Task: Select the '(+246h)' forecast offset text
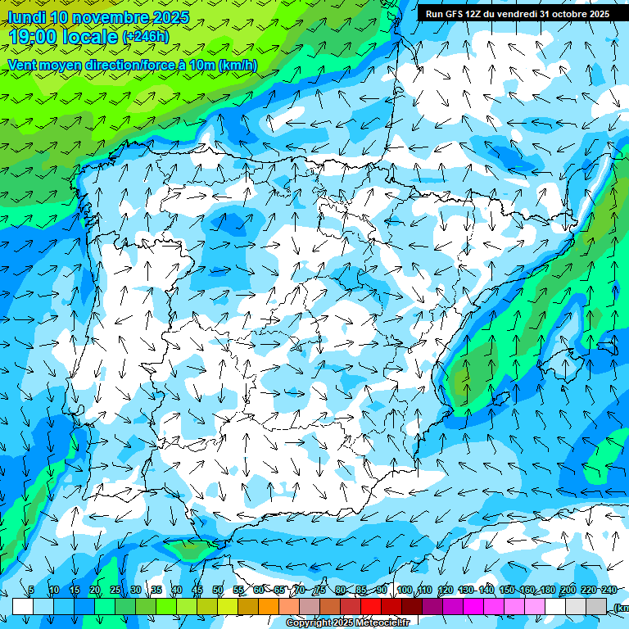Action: pos(146,37)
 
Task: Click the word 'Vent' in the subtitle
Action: pos(22,65)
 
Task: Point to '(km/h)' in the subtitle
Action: pos(238,65)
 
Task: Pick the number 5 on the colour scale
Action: pos(31,591)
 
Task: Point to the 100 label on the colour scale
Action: pos(405,591)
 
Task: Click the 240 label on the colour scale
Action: pos(609,591)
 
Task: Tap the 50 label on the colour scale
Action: pos(218,591)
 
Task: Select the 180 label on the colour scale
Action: pos(548,591)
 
